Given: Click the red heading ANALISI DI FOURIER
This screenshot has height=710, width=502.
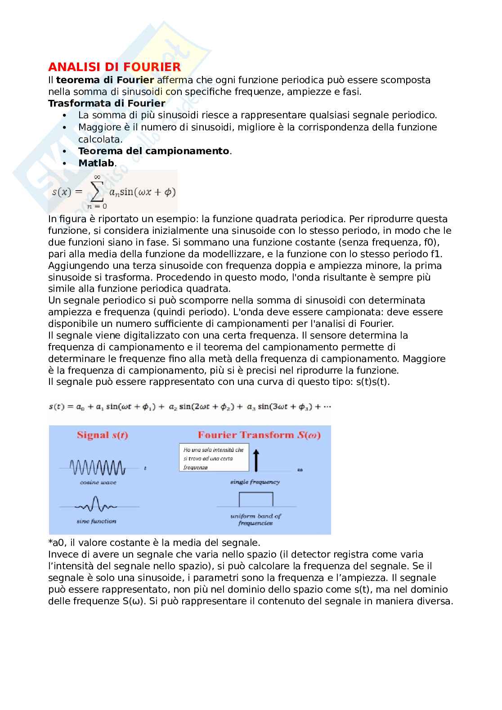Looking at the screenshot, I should click(x=114, y=67).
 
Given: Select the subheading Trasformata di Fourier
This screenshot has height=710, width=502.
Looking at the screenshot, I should click(x=107, y=103).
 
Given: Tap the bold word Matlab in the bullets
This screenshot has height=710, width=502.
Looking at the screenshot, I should click(x=96, y=163).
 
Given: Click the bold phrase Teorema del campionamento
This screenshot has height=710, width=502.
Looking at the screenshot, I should click(x=153, y=151).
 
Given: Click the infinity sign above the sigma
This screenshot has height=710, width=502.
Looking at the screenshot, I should click(x=97, y=177).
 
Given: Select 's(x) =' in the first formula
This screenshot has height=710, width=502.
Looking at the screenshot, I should click(x=67, y=192).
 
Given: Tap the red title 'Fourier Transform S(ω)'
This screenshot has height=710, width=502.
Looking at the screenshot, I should click(x=259, y=435).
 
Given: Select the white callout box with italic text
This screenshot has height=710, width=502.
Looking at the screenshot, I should click(x=214, y=458).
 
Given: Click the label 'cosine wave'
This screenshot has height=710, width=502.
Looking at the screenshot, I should click(x=98, y=482).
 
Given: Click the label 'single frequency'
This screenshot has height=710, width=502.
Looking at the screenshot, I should click(x=255, y=482).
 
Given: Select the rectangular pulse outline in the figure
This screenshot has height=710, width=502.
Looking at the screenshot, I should click(x=255, y=499).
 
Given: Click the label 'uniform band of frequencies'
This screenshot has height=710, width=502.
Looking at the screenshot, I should click(x=255, y=519).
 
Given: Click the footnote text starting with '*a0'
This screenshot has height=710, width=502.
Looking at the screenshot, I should click(x=154, y=542).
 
